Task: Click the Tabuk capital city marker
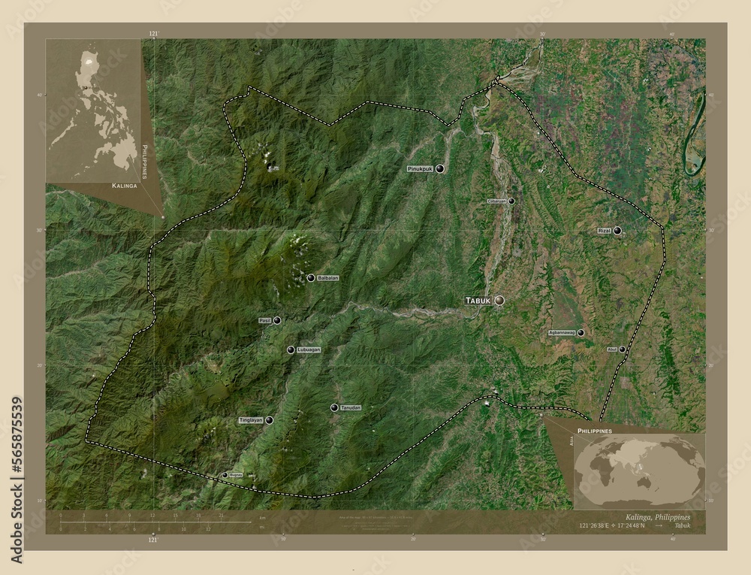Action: click(x=499, y=300)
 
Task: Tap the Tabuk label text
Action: click(x=478, y=300)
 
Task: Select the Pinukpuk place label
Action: click(x=421, y=170)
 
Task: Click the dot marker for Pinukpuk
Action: click(x=440, y=169)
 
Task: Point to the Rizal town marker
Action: click(x=617, y=231)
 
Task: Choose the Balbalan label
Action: click(x=328, y=278)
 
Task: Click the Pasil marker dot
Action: click(x=277, y=321)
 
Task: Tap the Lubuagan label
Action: click(x=309, y=350)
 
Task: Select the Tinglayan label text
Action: click(x=250, y=421)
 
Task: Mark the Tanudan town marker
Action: click(x=333, y=407)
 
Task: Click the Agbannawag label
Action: click(x=562, y=332)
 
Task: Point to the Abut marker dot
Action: click(x=622, y=350)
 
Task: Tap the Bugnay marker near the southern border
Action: click(x=225, y=475)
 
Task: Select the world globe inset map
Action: click(x=638, y=471)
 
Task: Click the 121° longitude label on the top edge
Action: click(x=154, y=35)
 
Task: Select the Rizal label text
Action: click(x=604, y=231)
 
